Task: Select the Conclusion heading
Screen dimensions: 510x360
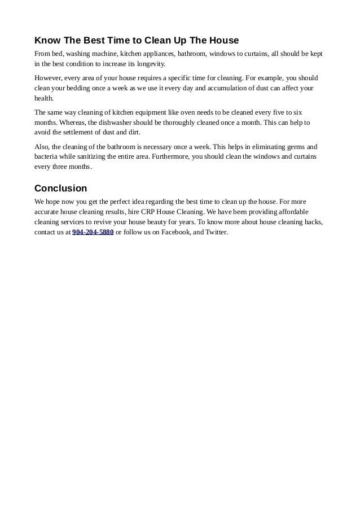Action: point(60,188)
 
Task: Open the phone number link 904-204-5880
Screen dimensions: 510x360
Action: point(93,232)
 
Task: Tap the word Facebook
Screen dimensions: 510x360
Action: point(175,232)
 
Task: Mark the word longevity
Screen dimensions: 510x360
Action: point(149,64)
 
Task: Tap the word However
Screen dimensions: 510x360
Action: point(49,78)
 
